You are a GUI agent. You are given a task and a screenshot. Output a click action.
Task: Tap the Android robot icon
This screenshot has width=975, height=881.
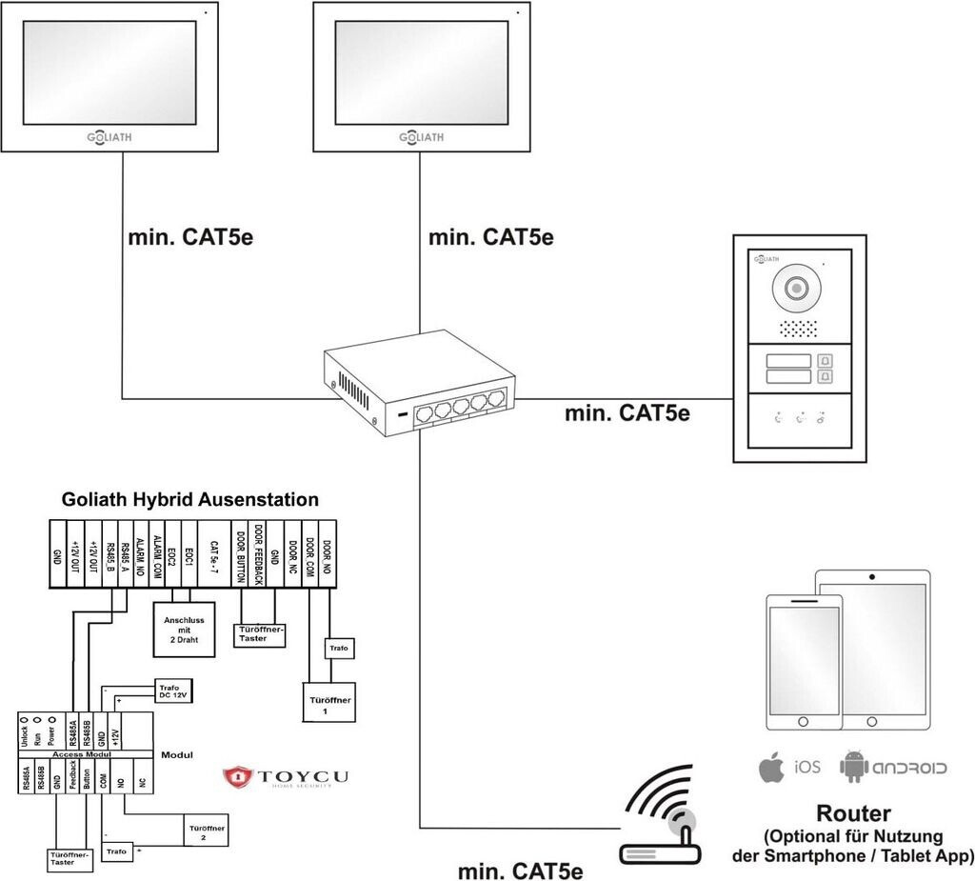[x=855, y=767]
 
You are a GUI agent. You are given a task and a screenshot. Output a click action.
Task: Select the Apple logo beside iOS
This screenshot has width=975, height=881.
[x=770, y=767]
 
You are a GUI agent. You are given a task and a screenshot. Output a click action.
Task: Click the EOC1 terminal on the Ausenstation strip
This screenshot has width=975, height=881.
[x=189, y=554]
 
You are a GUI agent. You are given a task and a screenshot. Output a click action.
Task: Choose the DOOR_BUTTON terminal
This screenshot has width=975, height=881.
[x=242, y=554]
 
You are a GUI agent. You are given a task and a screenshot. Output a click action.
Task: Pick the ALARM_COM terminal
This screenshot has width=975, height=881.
[x=155, y=554]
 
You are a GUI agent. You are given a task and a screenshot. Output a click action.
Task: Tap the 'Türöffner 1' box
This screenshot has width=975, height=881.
[x=329, y=706]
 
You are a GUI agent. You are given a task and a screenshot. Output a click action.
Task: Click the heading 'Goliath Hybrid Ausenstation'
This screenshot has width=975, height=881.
[x=189, y=499]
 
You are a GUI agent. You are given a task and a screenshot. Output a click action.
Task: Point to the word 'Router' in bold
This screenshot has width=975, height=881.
[x=853, y=813]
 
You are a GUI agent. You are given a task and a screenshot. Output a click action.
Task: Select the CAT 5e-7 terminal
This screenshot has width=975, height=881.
[x=215, y=554]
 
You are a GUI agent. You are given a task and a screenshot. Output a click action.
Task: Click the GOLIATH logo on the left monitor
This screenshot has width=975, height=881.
[x=103, y=137]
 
